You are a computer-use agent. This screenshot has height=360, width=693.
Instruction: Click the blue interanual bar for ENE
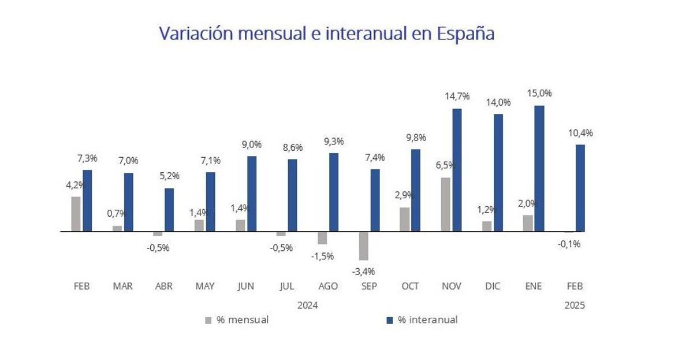tap(539, 168)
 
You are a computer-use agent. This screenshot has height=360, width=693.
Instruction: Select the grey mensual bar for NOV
tap(446, 205)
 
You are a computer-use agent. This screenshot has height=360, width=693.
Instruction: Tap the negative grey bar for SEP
tap(364, 246)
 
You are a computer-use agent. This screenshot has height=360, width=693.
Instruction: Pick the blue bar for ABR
tap(169, 210)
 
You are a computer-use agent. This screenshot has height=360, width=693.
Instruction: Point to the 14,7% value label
tap(457, 97)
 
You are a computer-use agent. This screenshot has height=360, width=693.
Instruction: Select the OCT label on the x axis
tap(410, 287)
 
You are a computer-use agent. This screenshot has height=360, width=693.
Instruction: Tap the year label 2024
tap(308, 305)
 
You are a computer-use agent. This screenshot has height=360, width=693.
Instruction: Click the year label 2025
tap(575, 306)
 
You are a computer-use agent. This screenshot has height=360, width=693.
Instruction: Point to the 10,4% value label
tap(580, 133)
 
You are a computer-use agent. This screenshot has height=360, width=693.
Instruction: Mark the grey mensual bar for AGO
tap(322, 237)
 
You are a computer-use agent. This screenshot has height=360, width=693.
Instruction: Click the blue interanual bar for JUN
tap(252, 194)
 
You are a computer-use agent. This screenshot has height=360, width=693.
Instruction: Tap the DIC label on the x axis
tap(492, 287)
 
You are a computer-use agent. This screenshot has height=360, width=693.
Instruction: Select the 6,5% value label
tap(445, 165)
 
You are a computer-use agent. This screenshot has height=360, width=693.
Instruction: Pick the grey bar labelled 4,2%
tap(76, 214)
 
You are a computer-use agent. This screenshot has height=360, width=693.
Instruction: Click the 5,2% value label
tap(169, 176)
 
